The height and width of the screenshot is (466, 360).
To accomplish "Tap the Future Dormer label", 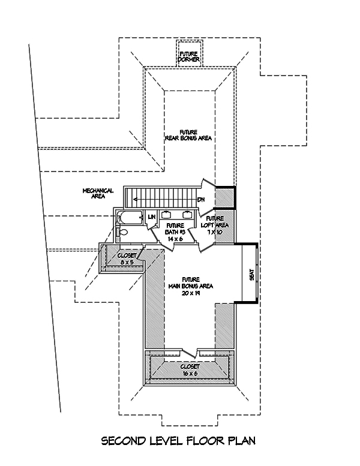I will point(188,56).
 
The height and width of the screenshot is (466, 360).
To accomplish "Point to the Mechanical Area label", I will point(98,193).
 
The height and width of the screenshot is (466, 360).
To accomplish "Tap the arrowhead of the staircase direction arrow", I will point(136,200).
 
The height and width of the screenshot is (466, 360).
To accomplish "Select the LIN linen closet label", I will point(152,216).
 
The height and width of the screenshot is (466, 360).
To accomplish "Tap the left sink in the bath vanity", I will point(166,214).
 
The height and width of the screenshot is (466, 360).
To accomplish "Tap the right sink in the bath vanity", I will point(187,214).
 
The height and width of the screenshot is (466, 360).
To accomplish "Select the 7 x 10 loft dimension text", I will point(215,231).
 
